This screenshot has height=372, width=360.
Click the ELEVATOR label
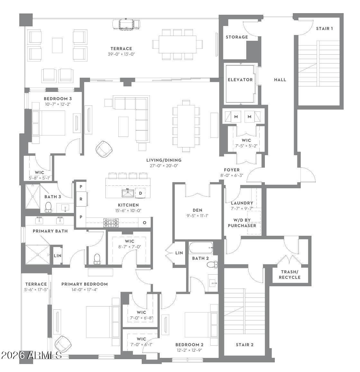(240, 80)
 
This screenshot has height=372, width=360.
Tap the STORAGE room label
(237, 37)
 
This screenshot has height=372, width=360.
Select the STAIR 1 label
(324, 29)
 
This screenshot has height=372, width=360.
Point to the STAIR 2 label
(245, 345)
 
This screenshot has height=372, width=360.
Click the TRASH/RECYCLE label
(290, 274)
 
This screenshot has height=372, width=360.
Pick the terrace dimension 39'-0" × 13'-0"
(121, 54)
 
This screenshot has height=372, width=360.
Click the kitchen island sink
(128, 193)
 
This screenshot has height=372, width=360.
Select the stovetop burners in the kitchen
(111, 223)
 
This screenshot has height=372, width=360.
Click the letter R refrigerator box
(81, 199)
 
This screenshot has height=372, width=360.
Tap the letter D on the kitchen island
(140, 193)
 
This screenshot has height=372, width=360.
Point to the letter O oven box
(145, 223)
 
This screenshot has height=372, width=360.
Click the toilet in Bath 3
(49, 207)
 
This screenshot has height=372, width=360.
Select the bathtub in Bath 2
(201, 248)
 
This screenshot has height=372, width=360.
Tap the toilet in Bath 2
(212, 265)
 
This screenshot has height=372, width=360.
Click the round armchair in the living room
(104, 149)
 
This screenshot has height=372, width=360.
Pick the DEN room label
(197, 210)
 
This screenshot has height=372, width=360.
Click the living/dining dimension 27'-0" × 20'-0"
(164, 166)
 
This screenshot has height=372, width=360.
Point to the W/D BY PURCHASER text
(242, 223)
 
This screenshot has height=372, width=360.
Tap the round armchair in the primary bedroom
(63, 344)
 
